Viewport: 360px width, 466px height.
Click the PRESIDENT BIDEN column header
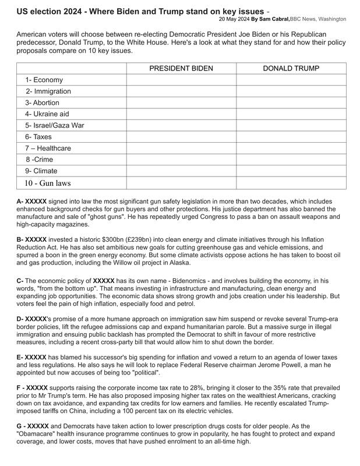(181, 69)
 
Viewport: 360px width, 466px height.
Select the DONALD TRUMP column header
(291, 69)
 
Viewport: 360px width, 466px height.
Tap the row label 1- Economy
(44, 80)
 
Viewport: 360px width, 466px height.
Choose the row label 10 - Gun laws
(47, 183)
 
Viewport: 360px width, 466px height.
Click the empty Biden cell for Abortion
(181, 103)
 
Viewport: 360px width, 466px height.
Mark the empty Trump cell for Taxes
(291, 137)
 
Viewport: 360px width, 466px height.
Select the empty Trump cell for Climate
(291, 171)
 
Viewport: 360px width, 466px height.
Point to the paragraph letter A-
(20, 201)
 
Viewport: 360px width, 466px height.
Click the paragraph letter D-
(20, 319)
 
